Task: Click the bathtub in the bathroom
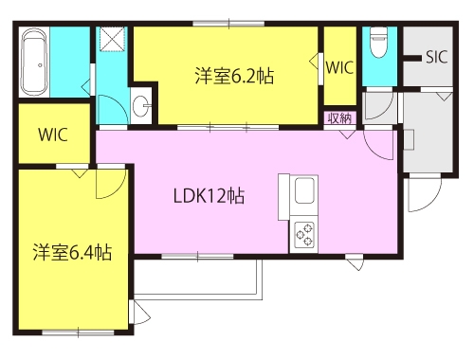34,63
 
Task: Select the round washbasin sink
140,106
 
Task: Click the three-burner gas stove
304,234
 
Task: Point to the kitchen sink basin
304,190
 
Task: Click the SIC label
437,57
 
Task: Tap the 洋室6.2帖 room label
234,76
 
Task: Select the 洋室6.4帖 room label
72,252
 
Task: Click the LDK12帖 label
209,196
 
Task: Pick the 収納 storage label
339,118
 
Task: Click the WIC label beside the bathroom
53,135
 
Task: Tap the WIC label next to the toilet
339,67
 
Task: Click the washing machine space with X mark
113,39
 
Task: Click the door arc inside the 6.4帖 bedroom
119,190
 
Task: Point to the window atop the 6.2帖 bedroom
228,24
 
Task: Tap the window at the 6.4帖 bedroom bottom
78,333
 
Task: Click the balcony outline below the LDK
198,297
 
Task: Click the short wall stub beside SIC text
412,58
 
